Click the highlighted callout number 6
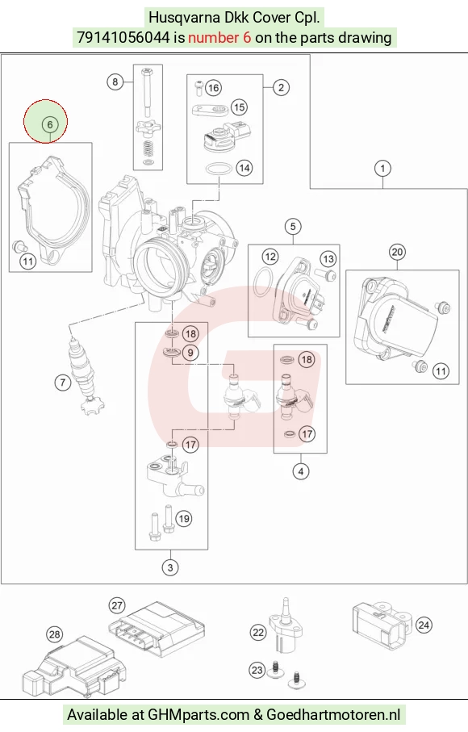[x=50, y=124]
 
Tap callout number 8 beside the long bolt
[x=115, y=82]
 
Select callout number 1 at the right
[x=382, y=168]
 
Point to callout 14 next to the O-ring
[x=244, y=168]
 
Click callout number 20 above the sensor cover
[x=397, y=252]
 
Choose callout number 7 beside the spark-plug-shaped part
[x=63, y=383]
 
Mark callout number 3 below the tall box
[x=170, y=567]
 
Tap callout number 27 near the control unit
[x=117, y=605]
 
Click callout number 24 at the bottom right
[x=424, y=625]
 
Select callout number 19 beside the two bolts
[x=184, y=519]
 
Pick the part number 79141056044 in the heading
[x=123, y=37]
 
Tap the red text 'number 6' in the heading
[x=219, y=37]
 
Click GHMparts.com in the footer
[x=198, y=715]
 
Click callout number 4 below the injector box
[x=301, y=471]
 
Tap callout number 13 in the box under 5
[x=328, y=259]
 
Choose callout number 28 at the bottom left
[x=55, y=634]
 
